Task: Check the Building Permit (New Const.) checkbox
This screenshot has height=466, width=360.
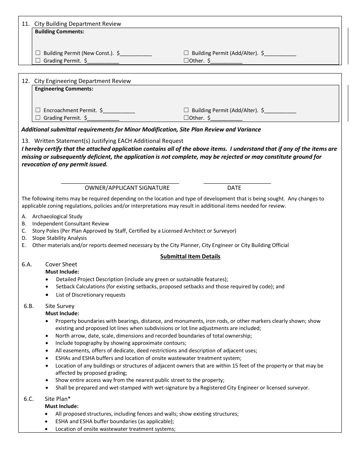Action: click(x=38, y=53)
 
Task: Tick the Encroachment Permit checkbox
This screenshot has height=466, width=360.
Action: click(x=38, y=110)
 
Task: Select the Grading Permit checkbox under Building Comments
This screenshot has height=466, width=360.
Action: click(x=38, y=61)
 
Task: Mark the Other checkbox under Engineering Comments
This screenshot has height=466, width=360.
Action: click(x=186, y=118)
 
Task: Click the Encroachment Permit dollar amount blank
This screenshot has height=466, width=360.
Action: click(x=119, y=111)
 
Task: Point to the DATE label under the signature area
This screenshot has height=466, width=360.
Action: click(x=234, y=188)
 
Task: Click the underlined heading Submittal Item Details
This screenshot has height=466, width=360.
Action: click(x=190, y=256)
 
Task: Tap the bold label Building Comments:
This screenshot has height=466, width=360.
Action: click(x=59, y=32)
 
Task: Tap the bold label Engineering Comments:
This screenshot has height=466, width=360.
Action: click(x=64, y=89)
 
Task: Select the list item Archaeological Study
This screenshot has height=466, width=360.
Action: click(x=57, y=216)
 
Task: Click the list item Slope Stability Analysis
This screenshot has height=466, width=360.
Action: click(x=59, y=238)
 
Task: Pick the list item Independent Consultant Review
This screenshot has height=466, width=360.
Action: click(x=70, y=224)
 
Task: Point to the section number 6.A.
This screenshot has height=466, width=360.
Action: click(x=27, y=264)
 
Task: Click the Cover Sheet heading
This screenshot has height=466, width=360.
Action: click(x=61, y=264)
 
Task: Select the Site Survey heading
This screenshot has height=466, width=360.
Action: click(x=60, y=306)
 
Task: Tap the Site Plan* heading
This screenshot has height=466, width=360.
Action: click(x=58, y=399)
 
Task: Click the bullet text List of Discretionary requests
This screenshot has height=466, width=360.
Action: click(x=91, y=295)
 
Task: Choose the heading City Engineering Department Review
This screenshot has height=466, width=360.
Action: click(x=82, y=81)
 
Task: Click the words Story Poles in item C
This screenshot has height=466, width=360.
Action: click(x=45, y=231)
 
